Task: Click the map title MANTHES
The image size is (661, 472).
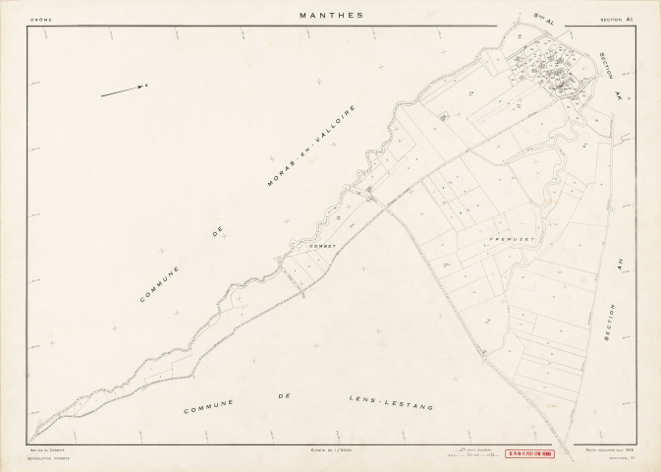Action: (x=330, y=16)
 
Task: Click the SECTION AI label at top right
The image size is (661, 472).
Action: (x=617, y=18)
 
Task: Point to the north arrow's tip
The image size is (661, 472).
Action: (x=146, y=87)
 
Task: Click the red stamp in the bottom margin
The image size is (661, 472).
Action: (x=531, y=454)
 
